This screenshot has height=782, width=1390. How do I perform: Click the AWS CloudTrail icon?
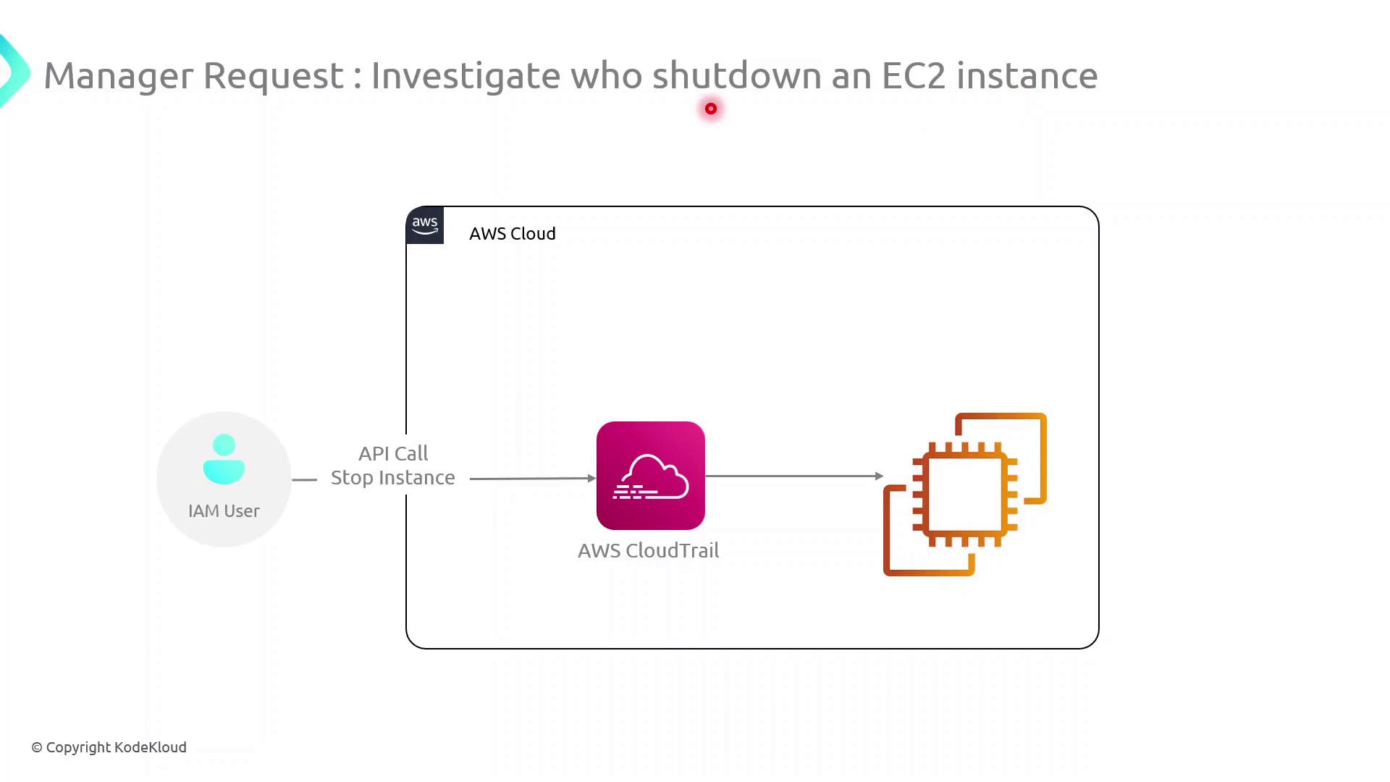650,476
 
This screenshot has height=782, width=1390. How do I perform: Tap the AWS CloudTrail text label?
648,551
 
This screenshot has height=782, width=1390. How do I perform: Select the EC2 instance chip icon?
964,495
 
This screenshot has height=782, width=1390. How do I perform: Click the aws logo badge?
425,225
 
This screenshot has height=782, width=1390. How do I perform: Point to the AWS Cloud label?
513,234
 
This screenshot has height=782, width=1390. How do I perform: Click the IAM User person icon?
224,459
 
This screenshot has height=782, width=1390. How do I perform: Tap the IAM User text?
224,511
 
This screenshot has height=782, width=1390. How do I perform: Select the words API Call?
393,454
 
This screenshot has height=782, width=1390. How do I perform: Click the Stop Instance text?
393,478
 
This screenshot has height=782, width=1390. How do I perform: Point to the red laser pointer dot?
711,109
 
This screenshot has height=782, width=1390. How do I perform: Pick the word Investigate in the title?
466,76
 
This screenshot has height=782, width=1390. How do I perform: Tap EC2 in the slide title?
914,76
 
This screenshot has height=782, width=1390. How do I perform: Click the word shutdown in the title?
737,76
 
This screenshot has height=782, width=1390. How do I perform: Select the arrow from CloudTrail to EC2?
793,476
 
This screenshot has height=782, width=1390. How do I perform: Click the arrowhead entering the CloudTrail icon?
591,478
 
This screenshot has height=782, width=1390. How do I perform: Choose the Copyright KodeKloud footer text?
109,747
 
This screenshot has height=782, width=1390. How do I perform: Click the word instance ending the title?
1027,76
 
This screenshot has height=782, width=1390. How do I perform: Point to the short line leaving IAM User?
305,479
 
